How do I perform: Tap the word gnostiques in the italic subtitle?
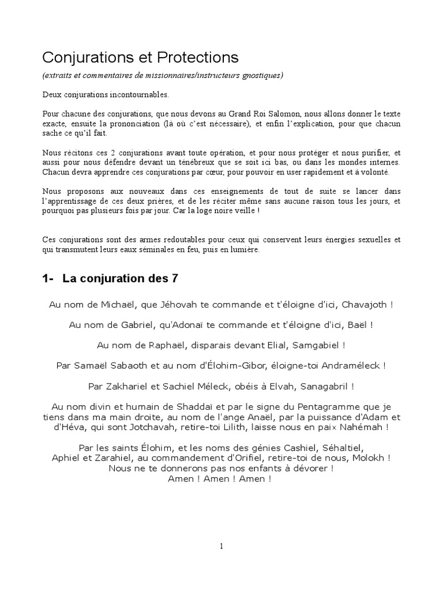coord(260,76)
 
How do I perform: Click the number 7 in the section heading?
coord(175,279)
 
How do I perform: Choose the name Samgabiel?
coord(314,345)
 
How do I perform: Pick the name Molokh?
coord(369,458)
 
